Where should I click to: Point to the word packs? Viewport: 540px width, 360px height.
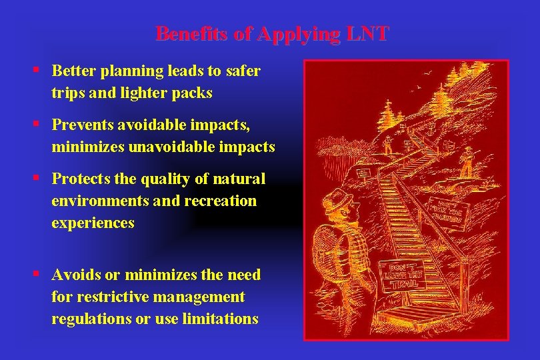tap(195, 93)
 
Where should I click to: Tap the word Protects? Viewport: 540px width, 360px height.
tap(79, 179)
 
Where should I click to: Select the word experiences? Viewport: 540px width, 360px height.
tap(93, 223)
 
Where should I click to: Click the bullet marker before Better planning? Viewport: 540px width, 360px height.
tap(41, 70)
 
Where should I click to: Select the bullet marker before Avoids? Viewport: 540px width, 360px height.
tap(41, 274)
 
